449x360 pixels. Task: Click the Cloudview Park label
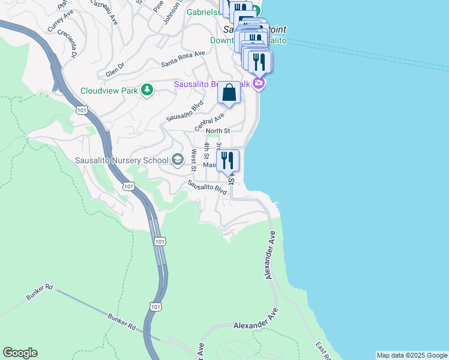(x=109, y=91)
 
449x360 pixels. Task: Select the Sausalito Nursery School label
(x=122, y=160)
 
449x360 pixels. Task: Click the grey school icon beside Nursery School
(x=177, y=160)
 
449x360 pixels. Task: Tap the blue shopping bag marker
(x=229, y=94)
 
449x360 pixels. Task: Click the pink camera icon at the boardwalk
(x=259, y=83)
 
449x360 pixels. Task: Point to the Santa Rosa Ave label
(x=183, y=59)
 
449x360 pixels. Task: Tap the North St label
(x=217, y=131)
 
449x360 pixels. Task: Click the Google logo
(x=20, y=353)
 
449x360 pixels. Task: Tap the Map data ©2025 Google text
(x=412, y=355)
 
